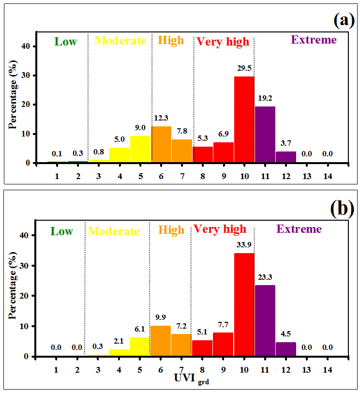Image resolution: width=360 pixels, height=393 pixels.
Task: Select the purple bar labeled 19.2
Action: coord(265,135)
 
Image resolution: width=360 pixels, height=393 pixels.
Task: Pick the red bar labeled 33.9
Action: coord(244,304)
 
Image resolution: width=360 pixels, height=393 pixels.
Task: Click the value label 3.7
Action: coord(285,144)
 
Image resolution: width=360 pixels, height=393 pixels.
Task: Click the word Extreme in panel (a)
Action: coord(314,40)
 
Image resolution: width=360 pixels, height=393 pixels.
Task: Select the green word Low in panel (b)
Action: coord(62,231)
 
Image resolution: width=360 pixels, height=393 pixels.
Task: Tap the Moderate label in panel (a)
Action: coord(120,41)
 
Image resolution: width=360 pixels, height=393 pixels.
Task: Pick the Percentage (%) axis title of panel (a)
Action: coord(13,98)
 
